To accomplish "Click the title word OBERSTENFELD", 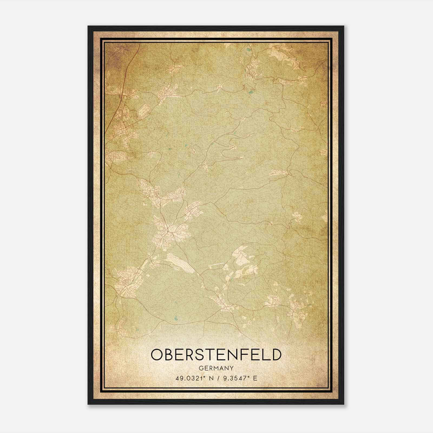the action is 216,355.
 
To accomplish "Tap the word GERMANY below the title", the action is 216,368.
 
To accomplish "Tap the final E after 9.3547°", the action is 255,378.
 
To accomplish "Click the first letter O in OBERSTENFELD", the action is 157,355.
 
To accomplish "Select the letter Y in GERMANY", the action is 232,368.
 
